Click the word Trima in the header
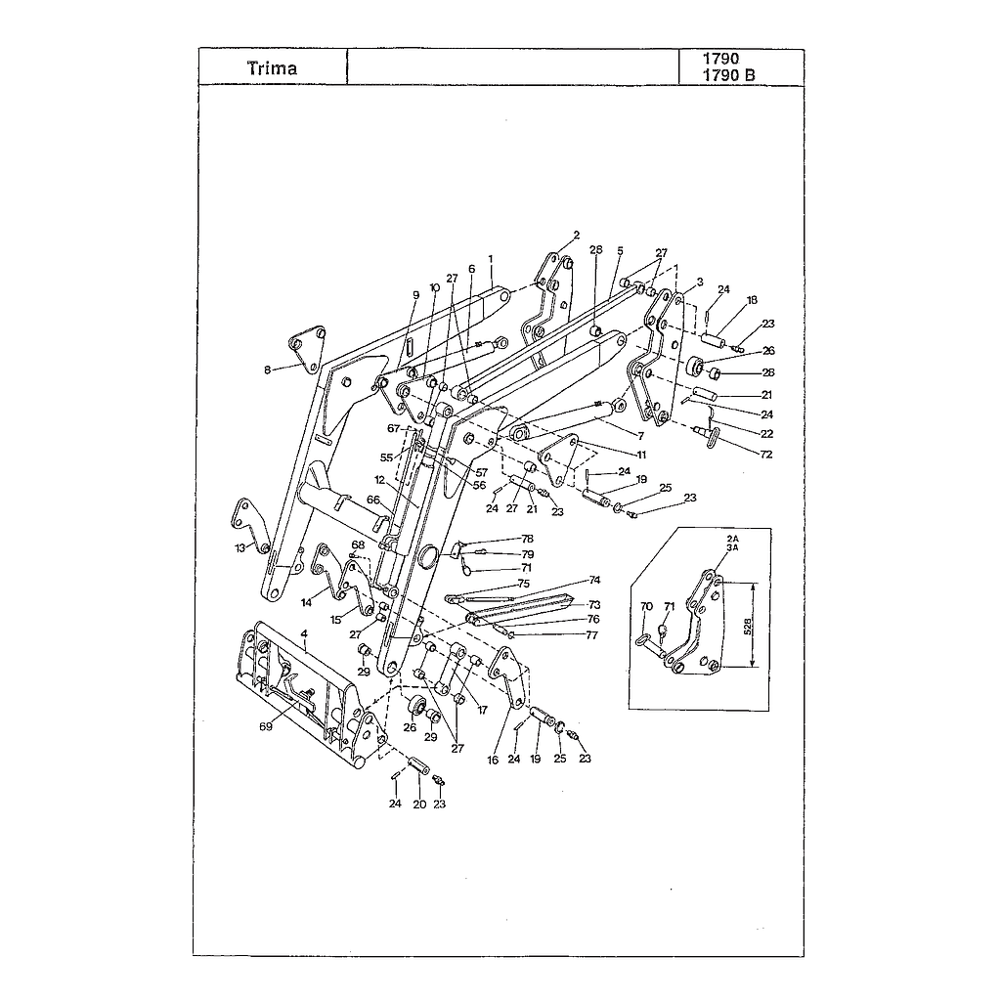(x=272, y=68)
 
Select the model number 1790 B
(x=728, y=75)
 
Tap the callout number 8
(x=268, y=370)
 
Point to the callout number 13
(x=240, y=547)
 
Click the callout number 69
(x=266, y=726)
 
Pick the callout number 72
(x=766, y=454)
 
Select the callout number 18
(x=752, y=300)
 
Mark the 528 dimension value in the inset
(x=748, y=625)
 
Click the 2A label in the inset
(x=732, y=539)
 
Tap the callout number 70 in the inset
(x=647, y=606)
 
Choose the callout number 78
(x=527, y=539)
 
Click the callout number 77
(x=591, y=635)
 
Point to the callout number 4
(x=305, y=633)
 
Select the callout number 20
(x=419, y=805)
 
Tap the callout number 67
(x=393, y=428)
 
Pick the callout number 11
(x=641, y=455)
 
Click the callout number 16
(x=493, y=761)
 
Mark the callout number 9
(x=416, y=295)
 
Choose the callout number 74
(x=594, y=581)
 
